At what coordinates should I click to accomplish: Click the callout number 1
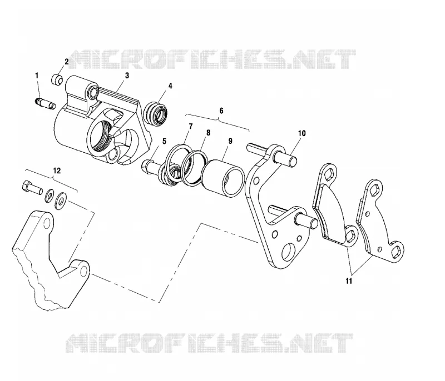tap(37, 76)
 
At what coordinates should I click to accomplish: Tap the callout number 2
tap(67, 62)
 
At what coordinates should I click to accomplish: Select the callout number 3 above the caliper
tap(127, 76)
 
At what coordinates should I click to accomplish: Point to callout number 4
tap(170, 86)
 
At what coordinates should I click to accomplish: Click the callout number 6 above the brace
tap(221, 111)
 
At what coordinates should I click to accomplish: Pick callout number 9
tap(230, 141)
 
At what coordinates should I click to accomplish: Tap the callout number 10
tap(301, 133)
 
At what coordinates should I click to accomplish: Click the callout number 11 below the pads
tap(349, 281)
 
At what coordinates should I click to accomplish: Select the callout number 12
tap(57, 171)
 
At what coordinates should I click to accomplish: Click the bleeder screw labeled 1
tap(46, 103)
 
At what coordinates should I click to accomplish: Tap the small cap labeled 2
tap(57, 79)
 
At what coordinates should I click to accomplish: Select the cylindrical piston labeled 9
tap(222, 178)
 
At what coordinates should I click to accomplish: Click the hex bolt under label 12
tap(32, 188)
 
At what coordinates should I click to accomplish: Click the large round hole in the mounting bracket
tap(289, 251)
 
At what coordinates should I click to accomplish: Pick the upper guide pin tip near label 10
tap(294, 161)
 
